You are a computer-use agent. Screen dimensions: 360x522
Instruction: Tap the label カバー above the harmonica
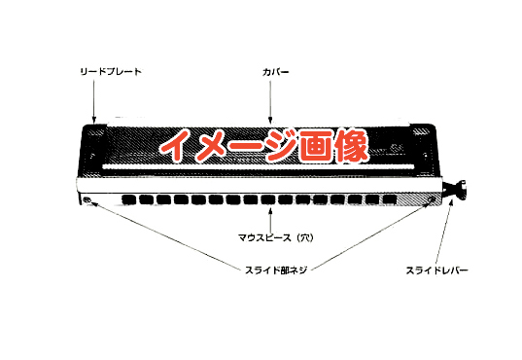click(275, 72)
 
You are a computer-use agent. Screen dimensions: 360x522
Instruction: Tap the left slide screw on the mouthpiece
click(89, 200)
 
